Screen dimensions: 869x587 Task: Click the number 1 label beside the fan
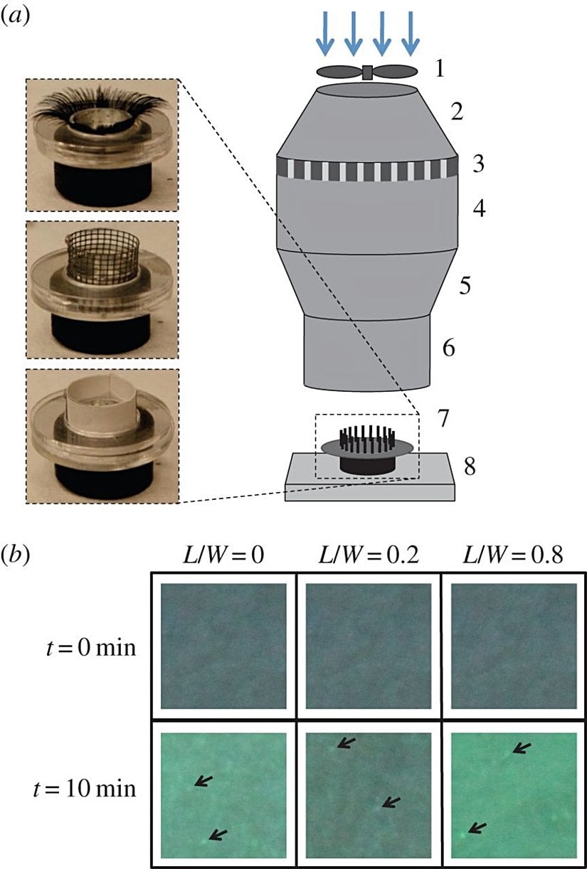tap(440, 70)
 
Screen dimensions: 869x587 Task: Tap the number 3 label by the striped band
tap(479, 165)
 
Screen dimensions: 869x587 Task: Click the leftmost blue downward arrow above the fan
tap(326, 41)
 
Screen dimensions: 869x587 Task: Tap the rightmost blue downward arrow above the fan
tap(408, 41)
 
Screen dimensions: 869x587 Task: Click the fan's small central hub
tap(367, 72)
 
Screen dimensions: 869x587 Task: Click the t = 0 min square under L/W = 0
tap(223, 646)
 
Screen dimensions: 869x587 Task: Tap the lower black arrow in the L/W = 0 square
tap(218, 834)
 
